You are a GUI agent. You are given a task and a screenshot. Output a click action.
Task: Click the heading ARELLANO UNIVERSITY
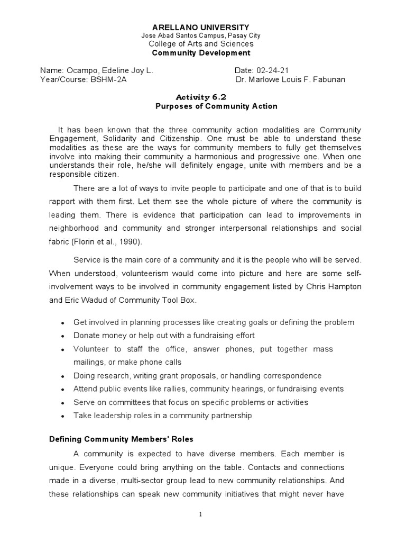201,27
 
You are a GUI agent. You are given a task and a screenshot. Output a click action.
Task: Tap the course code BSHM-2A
108,79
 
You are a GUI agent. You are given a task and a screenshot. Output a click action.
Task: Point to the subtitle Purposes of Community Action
216,106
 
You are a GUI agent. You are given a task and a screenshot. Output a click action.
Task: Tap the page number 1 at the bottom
201,514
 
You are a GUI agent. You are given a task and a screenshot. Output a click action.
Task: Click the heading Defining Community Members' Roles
121,439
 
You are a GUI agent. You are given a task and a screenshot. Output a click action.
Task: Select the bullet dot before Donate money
63,336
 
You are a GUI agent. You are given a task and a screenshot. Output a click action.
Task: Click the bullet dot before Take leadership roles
63,416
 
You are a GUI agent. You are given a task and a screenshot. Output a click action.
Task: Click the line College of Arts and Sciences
201,44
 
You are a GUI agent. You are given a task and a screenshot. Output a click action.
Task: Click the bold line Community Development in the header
201,53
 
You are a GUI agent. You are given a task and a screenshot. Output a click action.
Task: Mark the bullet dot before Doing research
63,376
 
